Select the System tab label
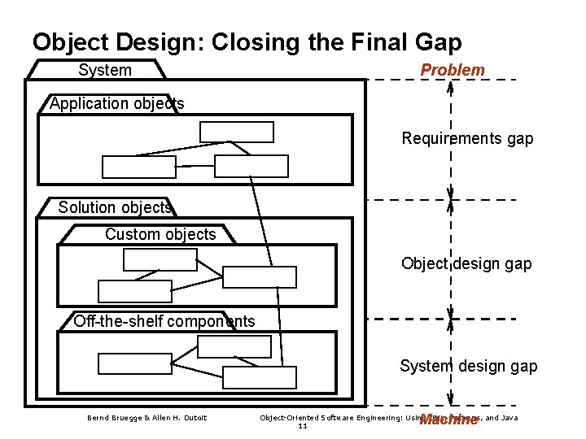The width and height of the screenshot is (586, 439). click(x=105, y=71)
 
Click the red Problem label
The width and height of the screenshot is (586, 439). click(x=452, y=71)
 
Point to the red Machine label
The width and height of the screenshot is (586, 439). click(x=447, y=420)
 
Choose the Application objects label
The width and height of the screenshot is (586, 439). click(x=117, y=103)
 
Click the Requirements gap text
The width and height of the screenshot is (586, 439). click(x=467, y=138)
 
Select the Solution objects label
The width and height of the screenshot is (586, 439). click(x=115, y=207)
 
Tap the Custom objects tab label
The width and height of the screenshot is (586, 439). click(x=160, y=234)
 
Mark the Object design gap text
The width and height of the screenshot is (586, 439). click(x=466, y=263)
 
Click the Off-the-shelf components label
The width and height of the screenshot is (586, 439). click(x=164, y=321)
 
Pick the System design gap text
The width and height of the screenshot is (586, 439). click(x=468, y=366)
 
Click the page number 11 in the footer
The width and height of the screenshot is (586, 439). click(x=303, y=426)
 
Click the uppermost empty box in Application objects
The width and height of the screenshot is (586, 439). click(x=237, y=131)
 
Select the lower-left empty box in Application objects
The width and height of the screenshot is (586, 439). click(x=138, y=166)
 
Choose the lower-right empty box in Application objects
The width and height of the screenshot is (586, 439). click(x=251, y=166)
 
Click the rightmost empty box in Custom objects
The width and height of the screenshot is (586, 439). click(x=260, y=277)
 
